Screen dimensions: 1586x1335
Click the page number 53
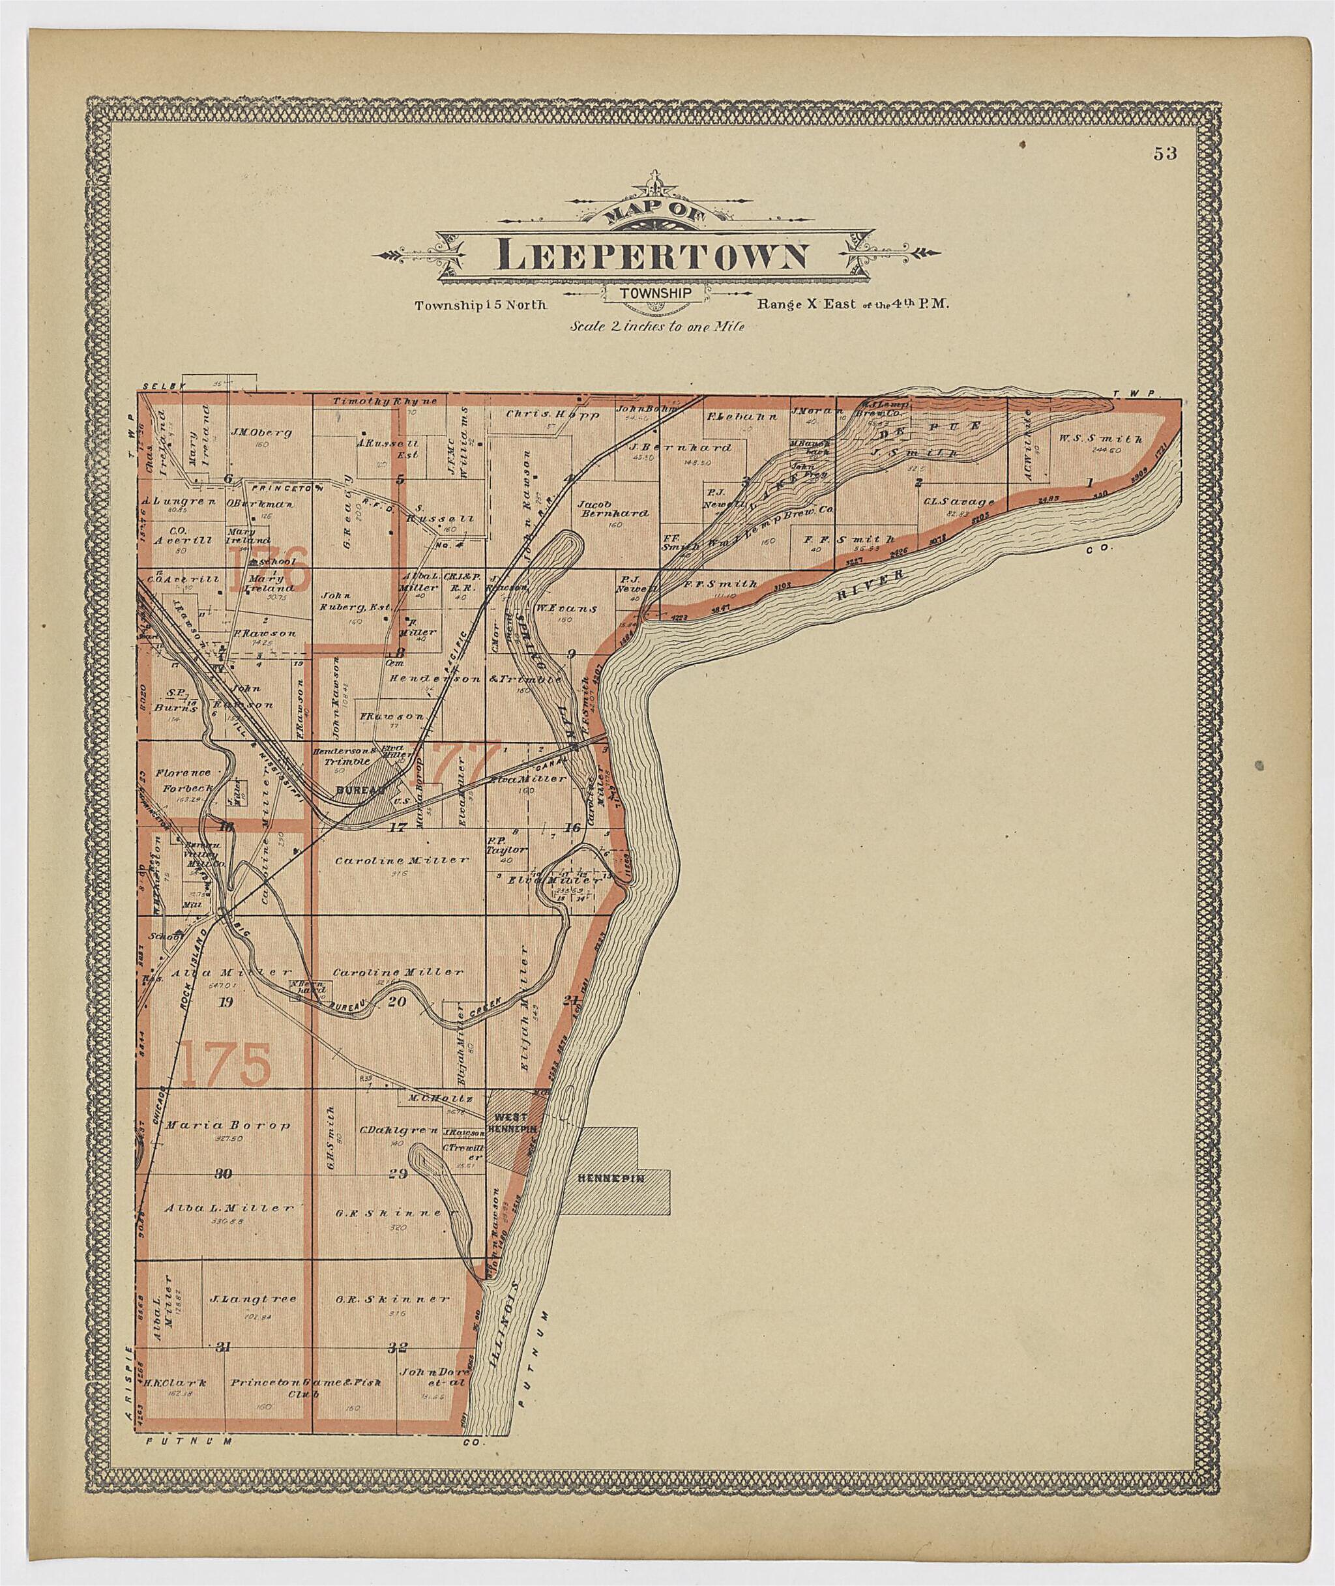(1165, 154)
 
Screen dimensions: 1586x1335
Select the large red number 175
(226, 1063)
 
